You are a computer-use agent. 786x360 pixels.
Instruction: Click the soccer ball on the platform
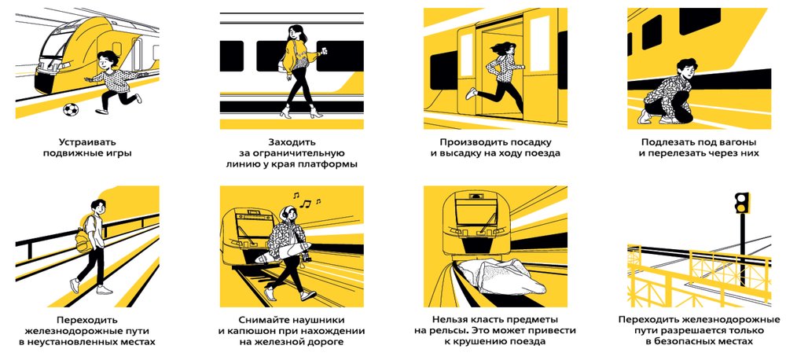(x=71, y=109)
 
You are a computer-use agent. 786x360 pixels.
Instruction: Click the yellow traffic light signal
(x=741, y=202)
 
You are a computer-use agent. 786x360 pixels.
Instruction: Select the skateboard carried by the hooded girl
(x=283, y=252)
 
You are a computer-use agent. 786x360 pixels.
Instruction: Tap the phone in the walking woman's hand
(x=324, y=50)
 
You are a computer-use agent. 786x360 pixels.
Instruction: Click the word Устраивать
(x=87, y=142)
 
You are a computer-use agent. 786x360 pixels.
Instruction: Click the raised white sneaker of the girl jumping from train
(x=471, y=94)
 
